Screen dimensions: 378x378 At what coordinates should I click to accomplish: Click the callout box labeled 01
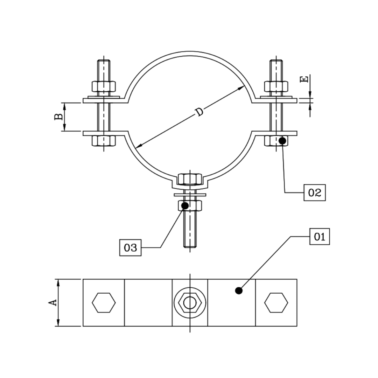coord(320,237)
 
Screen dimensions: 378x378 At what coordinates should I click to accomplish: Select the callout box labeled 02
coord(314,192)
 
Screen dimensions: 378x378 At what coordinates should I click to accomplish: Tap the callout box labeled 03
coord(130,248)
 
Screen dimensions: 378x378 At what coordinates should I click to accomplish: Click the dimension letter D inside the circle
coord(199,112)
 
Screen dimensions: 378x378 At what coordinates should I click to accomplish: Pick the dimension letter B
coord(58,117)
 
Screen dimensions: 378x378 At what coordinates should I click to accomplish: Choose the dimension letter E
coord(305,79)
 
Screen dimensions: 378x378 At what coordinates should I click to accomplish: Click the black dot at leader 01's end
coord(239,290)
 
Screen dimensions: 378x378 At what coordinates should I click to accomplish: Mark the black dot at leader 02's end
coord(282,141)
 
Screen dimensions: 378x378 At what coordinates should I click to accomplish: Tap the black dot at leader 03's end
coord(185,205)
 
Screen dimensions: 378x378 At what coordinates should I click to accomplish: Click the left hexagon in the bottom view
coord(104,303)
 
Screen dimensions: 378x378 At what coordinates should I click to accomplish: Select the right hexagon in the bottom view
coord(276,303)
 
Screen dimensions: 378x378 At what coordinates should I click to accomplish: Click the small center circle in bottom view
coord(190,302)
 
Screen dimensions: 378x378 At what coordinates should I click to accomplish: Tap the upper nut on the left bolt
coord(104,86)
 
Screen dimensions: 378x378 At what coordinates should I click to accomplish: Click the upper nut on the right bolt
coord(276,86)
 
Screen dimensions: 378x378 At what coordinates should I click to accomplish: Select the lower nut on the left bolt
coord(104,141)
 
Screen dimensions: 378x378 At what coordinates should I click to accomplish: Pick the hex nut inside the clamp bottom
coord(190,178)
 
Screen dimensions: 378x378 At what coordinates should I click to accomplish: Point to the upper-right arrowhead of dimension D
coord(241,87)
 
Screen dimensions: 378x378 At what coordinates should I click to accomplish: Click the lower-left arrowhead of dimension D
coord(138,146)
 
